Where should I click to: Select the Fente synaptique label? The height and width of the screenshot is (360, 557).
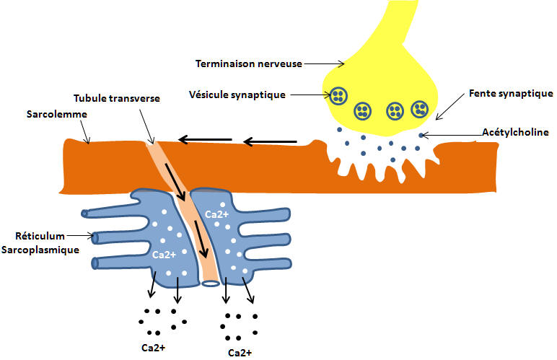click(x=511, y=93)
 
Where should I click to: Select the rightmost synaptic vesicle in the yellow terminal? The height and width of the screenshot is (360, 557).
click(x=420, y=109)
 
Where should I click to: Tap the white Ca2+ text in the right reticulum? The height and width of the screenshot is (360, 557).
click(x=216, y=214)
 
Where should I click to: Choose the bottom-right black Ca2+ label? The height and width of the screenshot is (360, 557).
click(x=239, y=353)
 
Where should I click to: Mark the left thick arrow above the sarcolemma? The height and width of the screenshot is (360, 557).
click(x=205, y=139)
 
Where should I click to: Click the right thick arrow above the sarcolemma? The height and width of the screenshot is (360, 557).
click(x=270, y=141)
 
